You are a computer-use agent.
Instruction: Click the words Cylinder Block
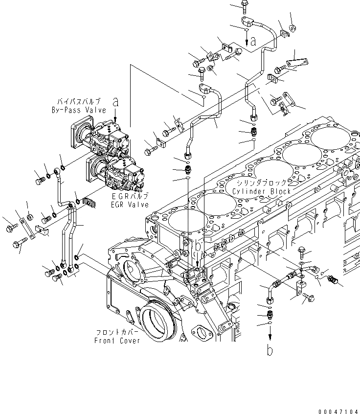click(x=262, y=191)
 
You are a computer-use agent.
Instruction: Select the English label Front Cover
click(x=117, y=341)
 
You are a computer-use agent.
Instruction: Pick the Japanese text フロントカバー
click(x=116, y=333)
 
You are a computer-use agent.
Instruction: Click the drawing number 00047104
click(x=337, y=408)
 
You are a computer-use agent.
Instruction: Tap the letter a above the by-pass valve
click(x=115, y=102)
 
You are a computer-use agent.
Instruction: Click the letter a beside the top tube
click(x=253, y=43)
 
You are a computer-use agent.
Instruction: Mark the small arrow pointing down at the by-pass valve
click(x=115, y=116)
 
